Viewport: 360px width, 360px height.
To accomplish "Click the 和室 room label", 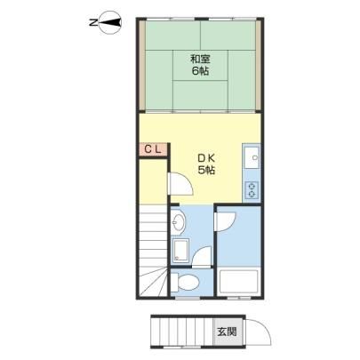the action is (200, 60).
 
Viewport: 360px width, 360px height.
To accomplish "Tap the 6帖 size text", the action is (200, 71).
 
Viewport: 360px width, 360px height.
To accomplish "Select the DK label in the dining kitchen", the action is (206, 158).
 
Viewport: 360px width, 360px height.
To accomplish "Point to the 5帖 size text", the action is (206, 171).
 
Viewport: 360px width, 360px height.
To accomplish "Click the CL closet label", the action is (153, 149).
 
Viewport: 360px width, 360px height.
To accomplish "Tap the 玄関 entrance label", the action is (227, 332).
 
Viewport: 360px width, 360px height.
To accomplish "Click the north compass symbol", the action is (111, 22).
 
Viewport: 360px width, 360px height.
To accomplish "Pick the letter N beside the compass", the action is (93, 22).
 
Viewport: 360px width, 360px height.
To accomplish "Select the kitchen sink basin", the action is (252, 157).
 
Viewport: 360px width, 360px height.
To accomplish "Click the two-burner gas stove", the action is (252, 190).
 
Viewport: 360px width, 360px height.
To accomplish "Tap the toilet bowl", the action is (186, 282).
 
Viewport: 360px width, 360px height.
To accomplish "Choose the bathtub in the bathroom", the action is (238, 282).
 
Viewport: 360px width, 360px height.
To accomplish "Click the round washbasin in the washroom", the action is (179, 221).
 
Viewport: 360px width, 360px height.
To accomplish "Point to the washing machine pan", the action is (180, 251).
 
